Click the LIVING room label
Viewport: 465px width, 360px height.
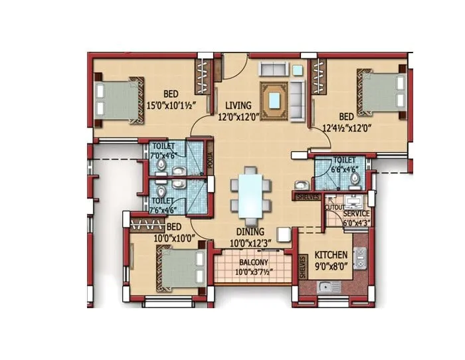point(238,106)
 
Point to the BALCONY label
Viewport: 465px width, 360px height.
point(253,262)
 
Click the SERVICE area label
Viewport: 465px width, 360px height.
point(357,214)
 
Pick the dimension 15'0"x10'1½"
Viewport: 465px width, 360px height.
point(171,105)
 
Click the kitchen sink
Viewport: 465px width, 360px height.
point(325,287)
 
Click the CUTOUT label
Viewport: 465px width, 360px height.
point(334,207)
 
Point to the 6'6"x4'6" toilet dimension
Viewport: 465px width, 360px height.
point(345,169)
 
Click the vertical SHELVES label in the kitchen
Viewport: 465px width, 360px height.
point(302,266)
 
